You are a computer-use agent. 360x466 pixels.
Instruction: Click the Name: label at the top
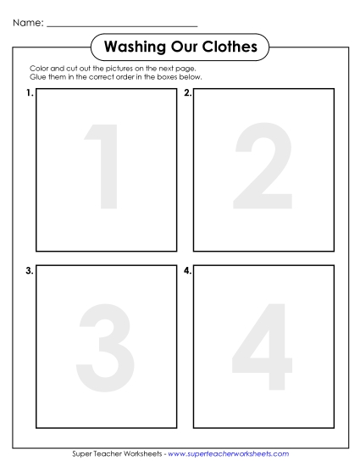click(27, 24)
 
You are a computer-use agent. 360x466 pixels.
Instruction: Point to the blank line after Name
click(122, 25)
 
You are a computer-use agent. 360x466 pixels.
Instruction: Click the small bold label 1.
click(30, 94)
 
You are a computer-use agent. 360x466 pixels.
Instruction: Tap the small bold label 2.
click(187, 94)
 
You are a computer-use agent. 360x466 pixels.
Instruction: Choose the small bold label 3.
click(30, 271)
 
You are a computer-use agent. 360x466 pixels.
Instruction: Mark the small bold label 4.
click(187, 271)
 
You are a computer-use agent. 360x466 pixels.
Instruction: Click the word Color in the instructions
click(38, 69)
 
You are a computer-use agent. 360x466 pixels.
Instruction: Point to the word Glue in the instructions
click(37, 77)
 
